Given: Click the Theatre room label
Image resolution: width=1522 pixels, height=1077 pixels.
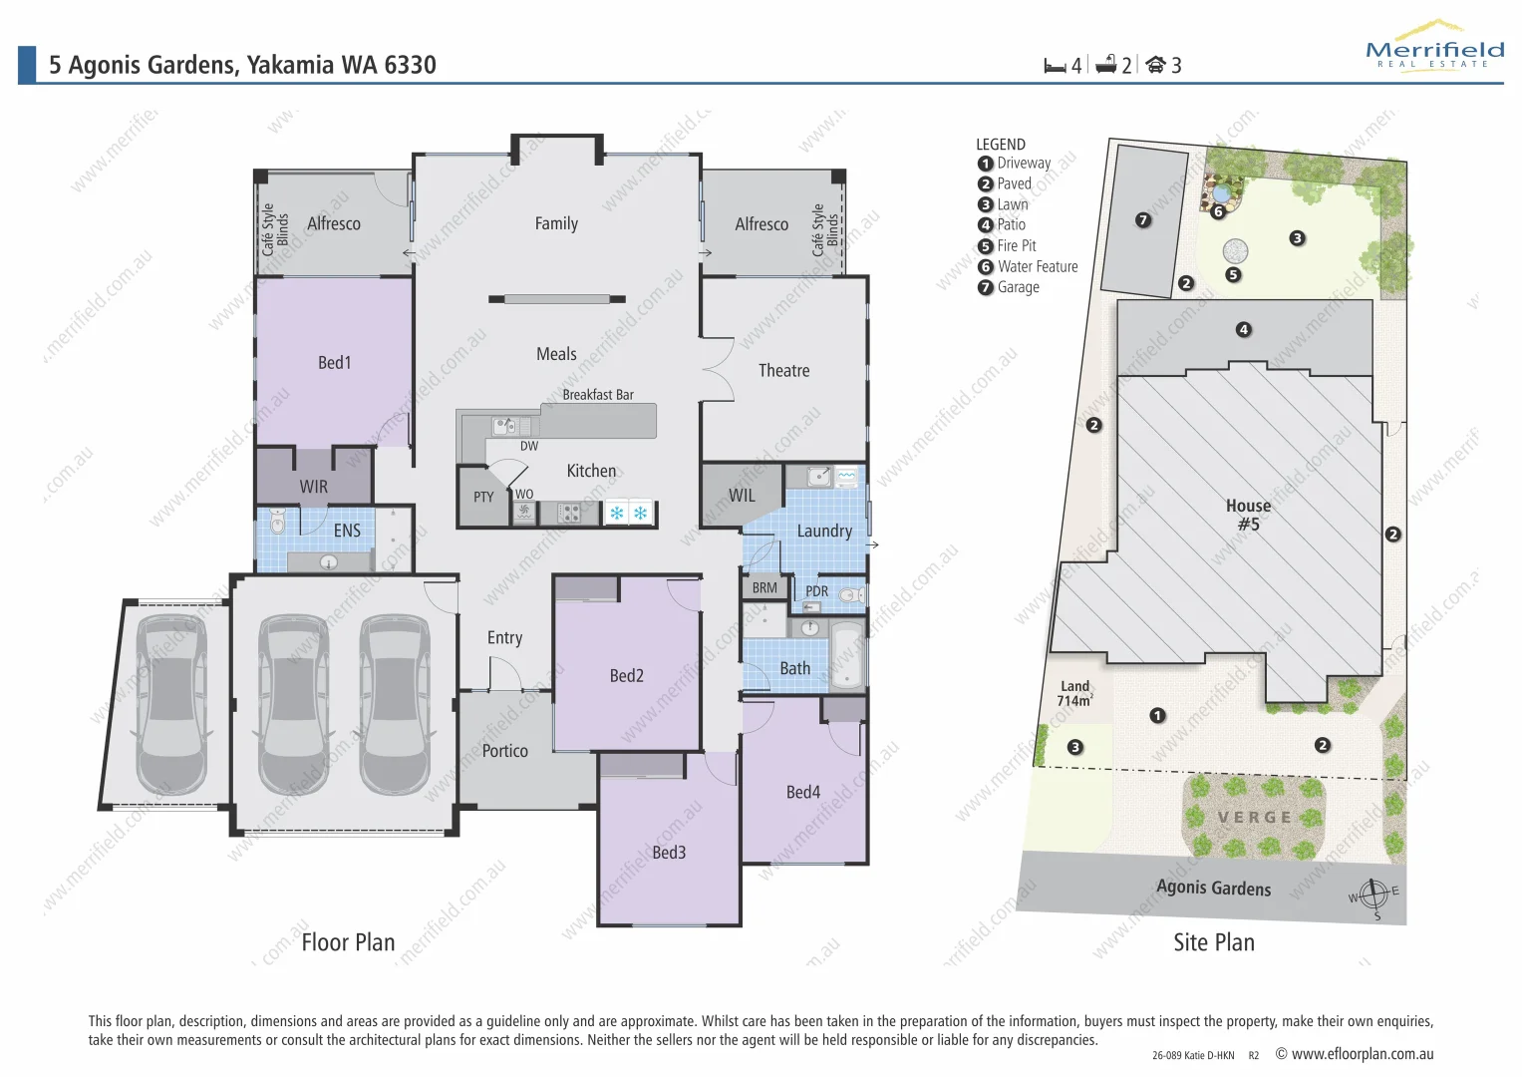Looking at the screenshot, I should (x=783, y=371).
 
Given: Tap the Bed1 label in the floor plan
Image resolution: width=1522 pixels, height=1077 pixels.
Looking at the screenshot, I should (x=334, y=363).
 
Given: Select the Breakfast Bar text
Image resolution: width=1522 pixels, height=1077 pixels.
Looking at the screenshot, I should (x=597, y=395).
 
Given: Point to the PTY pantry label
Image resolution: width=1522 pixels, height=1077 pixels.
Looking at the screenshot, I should (x=483, y=497).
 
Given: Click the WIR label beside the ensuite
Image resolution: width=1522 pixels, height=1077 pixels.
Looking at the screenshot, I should (x=313, y=487).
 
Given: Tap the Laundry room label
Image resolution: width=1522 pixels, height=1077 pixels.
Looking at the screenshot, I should (x=823, y=532).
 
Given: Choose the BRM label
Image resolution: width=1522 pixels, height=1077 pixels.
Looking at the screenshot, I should (x=764, y=588).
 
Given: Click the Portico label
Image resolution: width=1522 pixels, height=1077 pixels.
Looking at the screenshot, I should (x=504, y=751).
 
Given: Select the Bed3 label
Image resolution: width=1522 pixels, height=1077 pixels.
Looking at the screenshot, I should (x=669, y=853).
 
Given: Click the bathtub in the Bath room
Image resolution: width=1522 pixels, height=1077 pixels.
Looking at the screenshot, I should (x=847, y=655).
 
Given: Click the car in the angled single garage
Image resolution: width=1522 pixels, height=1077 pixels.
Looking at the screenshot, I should (x=170, y=701).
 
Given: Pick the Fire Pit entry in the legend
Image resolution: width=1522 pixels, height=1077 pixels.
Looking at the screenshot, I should (x=1016, y=246).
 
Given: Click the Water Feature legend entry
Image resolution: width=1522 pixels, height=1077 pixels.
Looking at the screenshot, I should (x=1037, y=267).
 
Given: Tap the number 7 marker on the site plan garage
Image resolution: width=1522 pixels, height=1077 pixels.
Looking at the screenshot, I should (x=1143, y=219).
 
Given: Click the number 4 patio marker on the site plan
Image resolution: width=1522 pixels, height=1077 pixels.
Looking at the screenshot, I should (x=1243, y=330).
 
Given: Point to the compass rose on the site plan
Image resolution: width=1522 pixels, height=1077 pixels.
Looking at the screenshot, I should (x=1373, y=894).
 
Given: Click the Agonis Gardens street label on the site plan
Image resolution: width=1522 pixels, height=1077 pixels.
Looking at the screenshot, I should (x=1213, y=888).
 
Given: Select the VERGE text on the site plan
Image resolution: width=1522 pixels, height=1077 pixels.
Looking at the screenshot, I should (x=1254, y=818).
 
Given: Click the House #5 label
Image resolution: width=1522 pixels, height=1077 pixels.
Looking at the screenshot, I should (x=1248, y=515).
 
